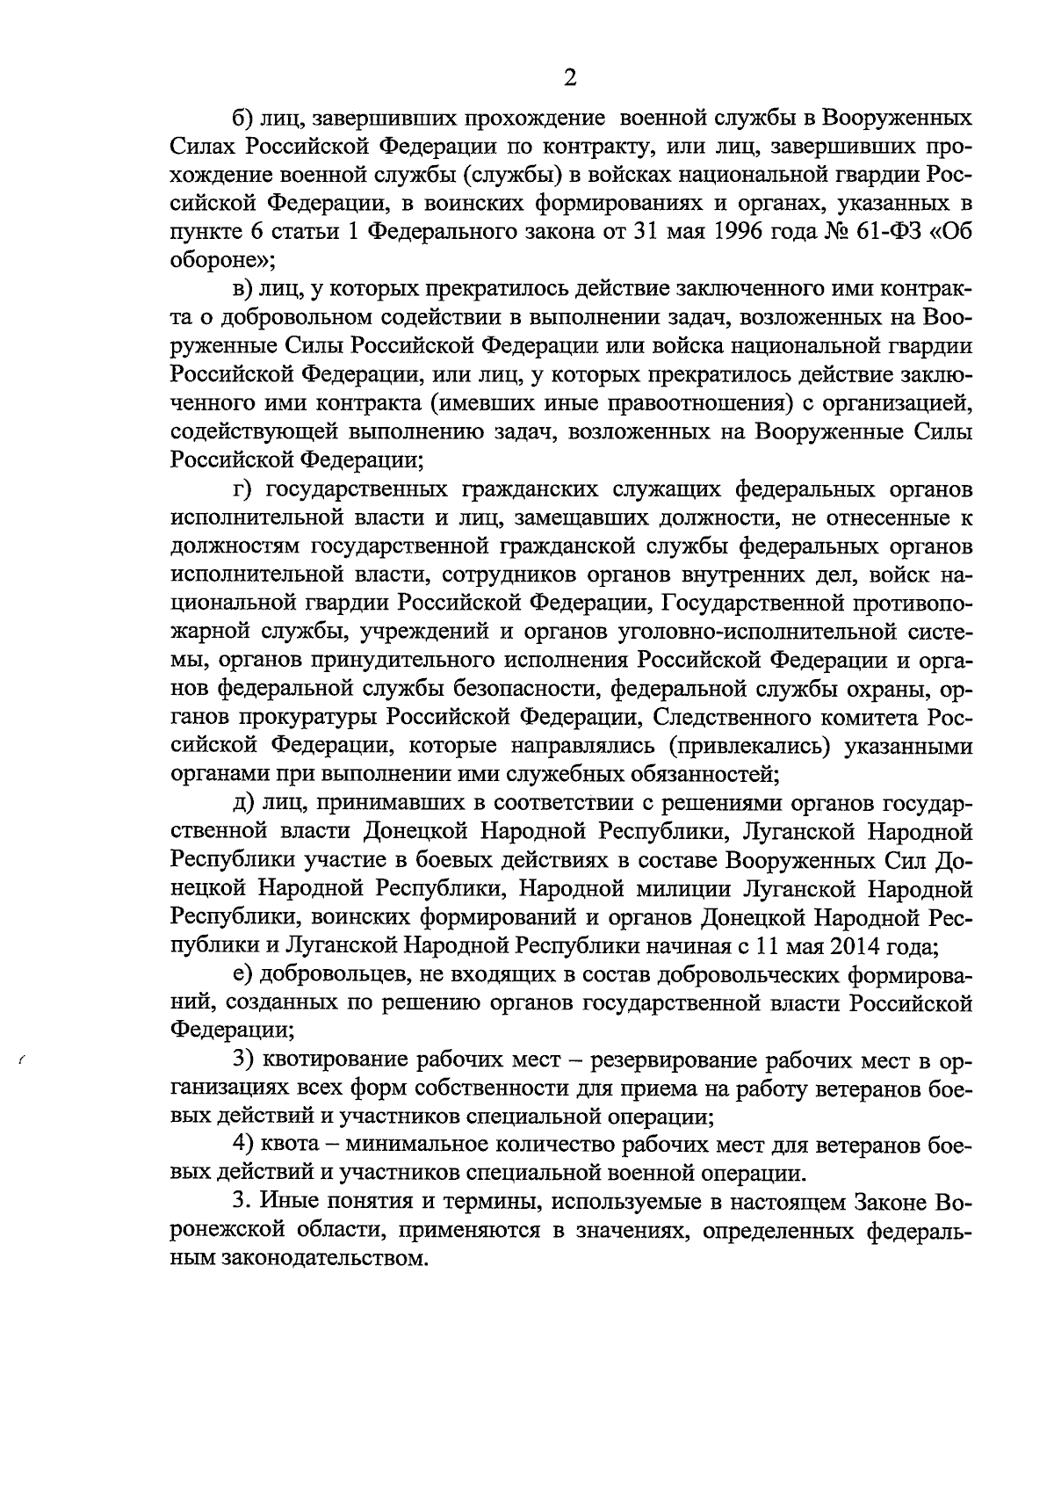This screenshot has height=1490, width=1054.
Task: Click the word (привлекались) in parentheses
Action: (743, 746)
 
